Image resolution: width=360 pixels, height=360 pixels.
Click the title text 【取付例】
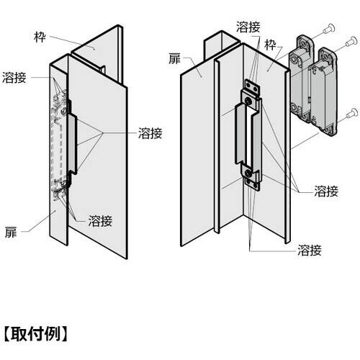click(36, 333)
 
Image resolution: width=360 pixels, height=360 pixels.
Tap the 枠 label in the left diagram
click(40, 37)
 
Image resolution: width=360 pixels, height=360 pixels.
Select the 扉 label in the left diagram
click(11, 233)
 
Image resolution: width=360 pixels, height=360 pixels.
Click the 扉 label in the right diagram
click(174, 59)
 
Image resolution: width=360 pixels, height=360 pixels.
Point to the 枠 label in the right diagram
click(271, 45)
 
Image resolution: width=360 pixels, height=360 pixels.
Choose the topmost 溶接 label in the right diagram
click(248, 27)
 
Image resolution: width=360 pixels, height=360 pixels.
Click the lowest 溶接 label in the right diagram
click(310, 250)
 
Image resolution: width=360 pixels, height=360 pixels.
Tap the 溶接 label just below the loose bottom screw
click(326, 192)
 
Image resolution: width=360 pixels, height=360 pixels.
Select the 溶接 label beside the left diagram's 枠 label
click(14, 78)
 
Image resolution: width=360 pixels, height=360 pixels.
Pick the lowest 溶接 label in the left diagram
click(100, 221)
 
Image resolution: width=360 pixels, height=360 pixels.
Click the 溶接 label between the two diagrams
click(150, 133)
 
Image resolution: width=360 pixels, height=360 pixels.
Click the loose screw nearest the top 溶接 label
click(329, 29)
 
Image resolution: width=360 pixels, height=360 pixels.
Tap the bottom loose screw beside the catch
click(352, 113)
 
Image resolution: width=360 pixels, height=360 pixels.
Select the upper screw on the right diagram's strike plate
click(248, 102)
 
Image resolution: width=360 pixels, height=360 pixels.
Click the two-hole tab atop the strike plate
click(252, 88)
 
